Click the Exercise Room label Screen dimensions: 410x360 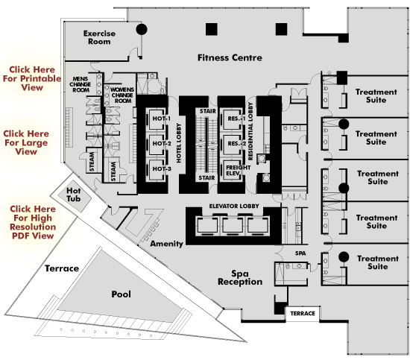(x=99, y=37)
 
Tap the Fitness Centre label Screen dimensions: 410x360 (x=230, y=57)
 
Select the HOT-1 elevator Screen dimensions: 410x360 (x=157, y=119)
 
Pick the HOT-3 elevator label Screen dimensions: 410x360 (x=162, y=168)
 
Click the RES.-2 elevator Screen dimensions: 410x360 (x=232, y=144)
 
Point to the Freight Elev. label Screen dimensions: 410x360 (x=239, y=170)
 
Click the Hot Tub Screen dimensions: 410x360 (x=75, y=195)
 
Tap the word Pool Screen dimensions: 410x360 (x=121, y=294)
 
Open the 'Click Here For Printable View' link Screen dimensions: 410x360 (x=32, y=78)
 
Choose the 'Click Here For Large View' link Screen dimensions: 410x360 (x=26, y=142)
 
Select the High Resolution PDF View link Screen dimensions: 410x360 (x=33, y=222)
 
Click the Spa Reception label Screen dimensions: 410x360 (x=240, y=278)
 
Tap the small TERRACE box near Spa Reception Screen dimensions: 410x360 (x=302, y=314)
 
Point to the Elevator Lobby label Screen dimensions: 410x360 (x=234, y=206)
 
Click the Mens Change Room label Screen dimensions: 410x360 (x=80, y=84)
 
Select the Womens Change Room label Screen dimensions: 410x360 (x=122, y=95)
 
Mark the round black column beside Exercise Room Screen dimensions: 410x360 (x=142, y=29)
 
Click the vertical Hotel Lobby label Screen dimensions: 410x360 (x=179, y=143)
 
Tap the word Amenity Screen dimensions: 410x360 (x=166, y=244)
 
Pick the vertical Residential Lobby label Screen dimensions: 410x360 (x=250, y=131)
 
